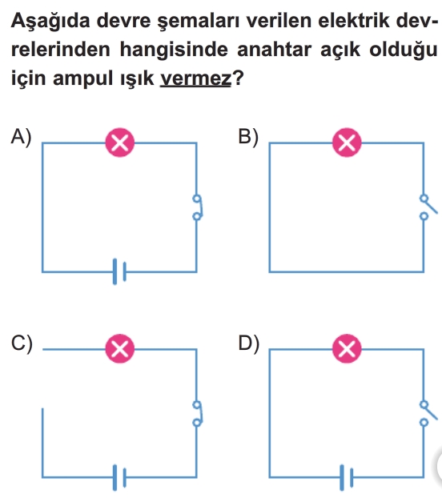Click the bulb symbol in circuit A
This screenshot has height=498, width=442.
point(120,143)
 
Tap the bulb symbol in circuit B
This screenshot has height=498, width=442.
point(347,143)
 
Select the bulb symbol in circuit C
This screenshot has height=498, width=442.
point(120,349)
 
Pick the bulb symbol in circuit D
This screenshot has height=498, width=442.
point(347,349)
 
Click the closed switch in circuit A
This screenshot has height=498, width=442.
point(198,207)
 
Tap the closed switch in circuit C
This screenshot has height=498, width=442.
point(198,413)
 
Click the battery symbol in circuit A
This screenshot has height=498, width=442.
point(119,271)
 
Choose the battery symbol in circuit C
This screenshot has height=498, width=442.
point(119,478)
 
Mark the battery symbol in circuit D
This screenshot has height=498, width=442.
point(347,478)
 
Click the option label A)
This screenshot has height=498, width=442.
point(22,138)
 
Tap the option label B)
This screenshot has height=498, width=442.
point(248,138)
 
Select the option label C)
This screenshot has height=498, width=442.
point(22,343)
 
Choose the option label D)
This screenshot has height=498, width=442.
point(249,343)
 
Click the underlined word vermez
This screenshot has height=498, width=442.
point(195,78)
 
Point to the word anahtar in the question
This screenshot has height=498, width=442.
point(275,50)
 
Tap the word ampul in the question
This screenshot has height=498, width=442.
point(83,79)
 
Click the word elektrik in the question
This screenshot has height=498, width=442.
point(354,21)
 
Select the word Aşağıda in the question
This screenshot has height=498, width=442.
point(50,22)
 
